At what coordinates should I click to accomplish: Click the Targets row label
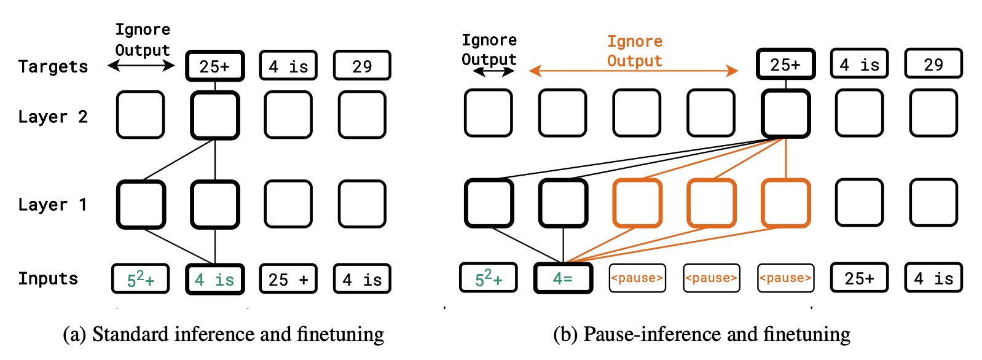[53, 66]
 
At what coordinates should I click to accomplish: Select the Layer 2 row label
[53, 117]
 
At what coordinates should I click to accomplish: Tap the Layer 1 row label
[53, 205]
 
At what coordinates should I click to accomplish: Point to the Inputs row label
[48, 278]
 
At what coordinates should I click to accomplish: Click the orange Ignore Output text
[634, 51]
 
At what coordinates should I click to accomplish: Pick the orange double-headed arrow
[634, 71]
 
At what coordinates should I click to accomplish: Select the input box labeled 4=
[563, 278]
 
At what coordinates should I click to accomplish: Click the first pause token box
[637, 278]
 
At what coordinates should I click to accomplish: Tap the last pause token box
[785, 278]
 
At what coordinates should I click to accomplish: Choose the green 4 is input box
[215, 280]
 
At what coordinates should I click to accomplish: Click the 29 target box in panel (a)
[362, 66]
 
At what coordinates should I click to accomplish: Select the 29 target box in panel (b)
[933, 64]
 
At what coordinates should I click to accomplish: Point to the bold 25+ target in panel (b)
[785, 64]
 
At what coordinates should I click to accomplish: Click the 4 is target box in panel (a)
[288, 66]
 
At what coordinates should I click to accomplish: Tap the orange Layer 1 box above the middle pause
[711, 203]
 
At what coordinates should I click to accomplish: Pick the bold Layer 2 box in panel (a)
[215, 115]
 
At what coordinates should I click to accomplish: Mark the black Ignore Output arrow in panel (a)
[141, 66]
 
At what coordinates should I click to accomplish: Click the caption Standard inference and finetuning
[224, 335]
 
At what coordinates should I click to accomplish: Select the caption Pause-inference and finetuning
[701, 335]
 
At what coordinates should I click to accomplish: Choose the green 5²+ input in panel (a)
[140, 279]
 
